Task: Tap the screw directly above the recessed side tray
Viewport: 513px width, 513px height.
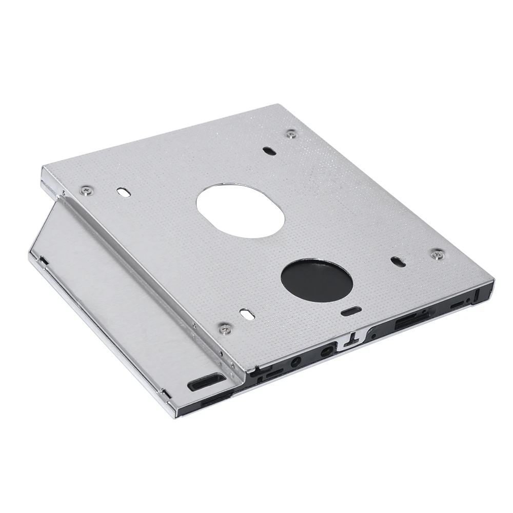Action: click(x=86, y=191)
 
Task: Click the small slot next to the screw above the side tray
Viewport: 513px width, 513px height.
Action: click(x=123, y=191)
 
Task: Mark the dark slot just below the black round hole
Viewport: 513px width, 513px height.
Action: click(x=351, y=311)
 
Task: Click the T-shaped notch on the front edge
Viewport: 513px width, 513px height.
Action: click(x=353, y=340)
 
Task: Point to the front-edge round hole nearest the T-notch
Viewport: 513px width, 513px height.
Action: click(x=325, y=353)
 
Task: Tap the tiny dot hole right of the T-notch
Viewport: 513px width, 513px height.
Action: click(x=373, y=336)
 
